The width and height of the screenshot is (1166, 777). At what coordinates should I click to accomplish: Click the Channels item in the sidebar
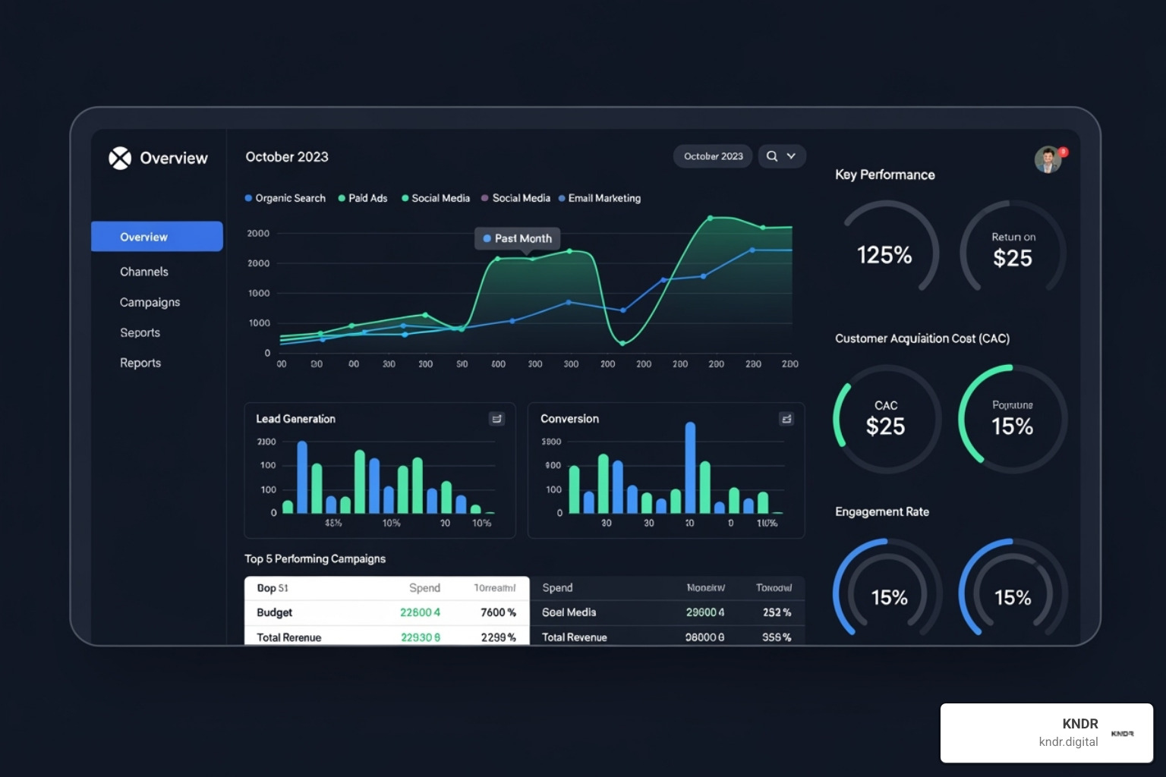(144, 272)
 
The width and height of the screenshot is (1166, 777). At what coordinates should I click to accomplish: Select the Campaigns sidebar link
(150, 302)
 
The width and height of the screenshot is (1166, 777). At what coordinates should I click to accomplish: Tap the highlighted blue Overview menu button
(157, 237)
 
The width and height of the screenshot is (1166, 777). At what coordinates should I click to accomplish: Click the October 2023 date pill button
(713, 156)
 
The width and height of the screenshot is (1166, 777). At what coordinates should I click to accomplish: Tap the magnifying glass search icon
(772, 156)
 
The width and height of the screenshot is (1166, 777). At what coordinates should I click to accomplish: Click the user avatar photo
(1048, 159)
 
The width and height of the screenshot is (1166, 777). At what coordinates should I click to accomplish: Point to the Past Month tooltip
(518, 238)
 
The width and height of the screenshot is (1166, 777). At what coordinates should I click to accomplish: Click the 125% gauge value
(884, 255)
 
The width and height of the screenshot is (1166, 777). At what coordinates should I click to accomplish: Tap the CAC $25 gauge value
(885, 426)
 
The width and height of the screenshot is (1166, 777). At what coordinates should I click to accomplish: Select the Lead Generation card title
(295, 419)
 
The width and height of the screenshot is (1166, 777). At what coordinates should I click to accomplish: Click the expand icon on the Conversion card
(786, 419)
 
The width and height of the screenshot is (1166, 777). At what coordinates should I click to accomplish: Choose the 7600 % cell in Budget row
(498, 612)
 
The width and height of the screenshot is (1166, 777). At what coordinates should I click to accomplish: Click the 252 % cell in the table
(777, 612)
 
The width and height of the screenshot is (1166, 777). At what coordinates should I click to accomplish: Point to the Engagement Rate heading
(882, 511)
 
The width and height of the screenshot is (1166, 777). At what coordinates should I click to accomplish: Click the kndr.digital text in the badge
(1068, 741)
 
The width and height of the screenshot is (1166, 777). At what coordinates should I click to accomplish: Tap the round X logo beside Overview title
(120, 158)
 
